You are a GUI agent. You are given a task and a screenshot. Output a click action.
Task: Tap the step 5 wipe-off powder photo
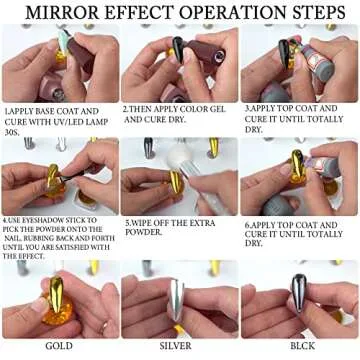tap(180, 176)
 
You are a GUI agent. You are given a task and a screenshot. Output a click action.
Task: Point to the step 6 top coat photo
tap(299, 176)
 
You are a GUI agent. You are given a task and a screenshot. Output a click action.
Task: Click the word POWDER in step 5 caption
tap(145, 232)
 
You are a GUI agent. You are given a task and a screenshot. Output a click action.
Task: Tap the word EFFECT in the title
tap(138, 14)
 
